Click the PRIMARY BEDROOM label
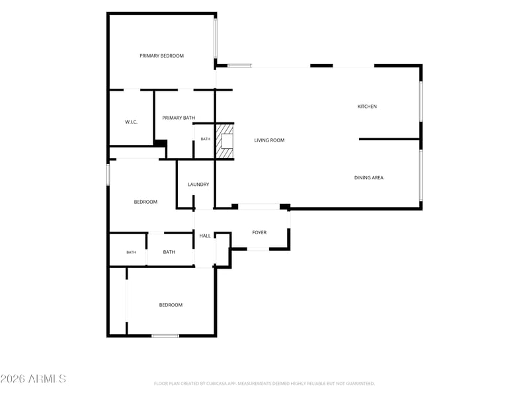(161, 56)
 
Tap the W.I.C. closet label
(131, 122)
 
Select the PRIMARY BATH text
(179, 118)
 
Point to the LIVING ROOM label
(269, 140)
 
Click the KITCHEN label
(367, 107)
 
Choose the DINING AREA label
(369, 177)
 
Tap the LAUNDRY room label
(198, 185)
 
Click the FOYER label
(259, 232)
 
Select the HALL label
(205, 236)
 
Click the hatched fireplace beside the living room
(225, 141)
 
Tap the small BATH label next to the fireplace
(206, 139)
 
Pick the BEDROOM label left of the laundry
(145, 202)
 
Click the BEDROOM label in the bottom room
(171, 305)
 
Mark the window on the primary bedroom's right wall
(216, 38)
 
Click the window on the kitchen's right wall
(421, 101)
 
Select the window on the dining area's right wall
(421, 175)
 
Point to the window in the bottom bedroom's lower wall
(165, 335)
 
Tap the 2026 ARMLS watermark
(33, 378)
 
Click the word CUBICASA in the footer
(217, 384)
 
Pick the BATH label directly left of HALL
(169, 252)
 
